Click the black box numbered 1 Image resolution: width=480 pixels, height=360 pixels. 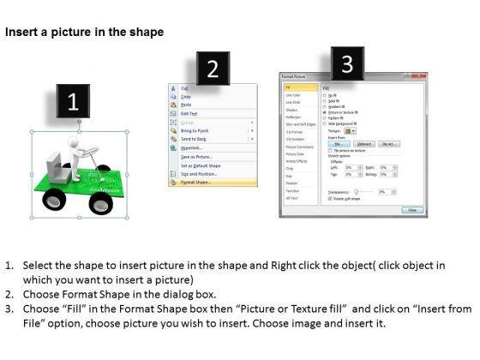click(74, 103)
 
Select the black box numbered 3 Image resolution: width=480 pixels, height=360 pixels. click(346, 63)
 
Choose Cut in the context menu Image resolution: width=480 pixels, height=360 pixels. click(183, 88)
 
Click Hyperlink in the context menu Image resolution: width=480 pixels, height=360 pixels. click(192, 147)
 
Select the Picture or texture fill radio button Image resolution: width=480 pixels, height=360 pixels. click(324, 111)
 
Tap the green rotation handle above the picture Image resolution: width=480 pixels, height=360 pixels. click(79, 122)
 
